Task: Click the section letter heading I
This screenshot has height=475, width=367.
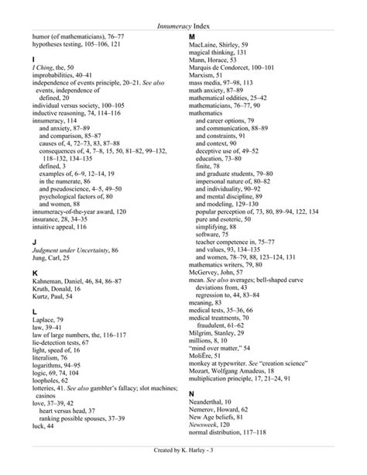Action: pos(33,59)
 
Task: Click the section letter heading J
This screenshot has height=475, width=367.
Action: pos(34,242)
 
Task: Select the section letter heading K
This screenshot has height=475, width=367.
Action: pos(35,275)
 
